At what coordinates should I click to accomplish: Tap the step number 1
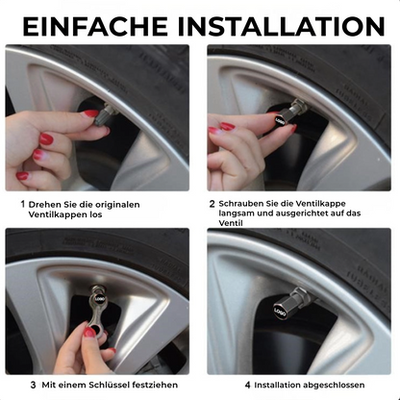pyautogui.click(x=22, y=204)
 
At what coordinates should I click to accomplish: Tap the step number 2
pyautogui.click(x=212, y=204)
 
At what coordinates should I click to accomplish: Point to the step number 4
pyautogui.click(x=247, y=384)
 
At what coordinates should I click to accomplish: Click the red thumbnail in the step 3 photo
pyautogui.click(x=89, y=332)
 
